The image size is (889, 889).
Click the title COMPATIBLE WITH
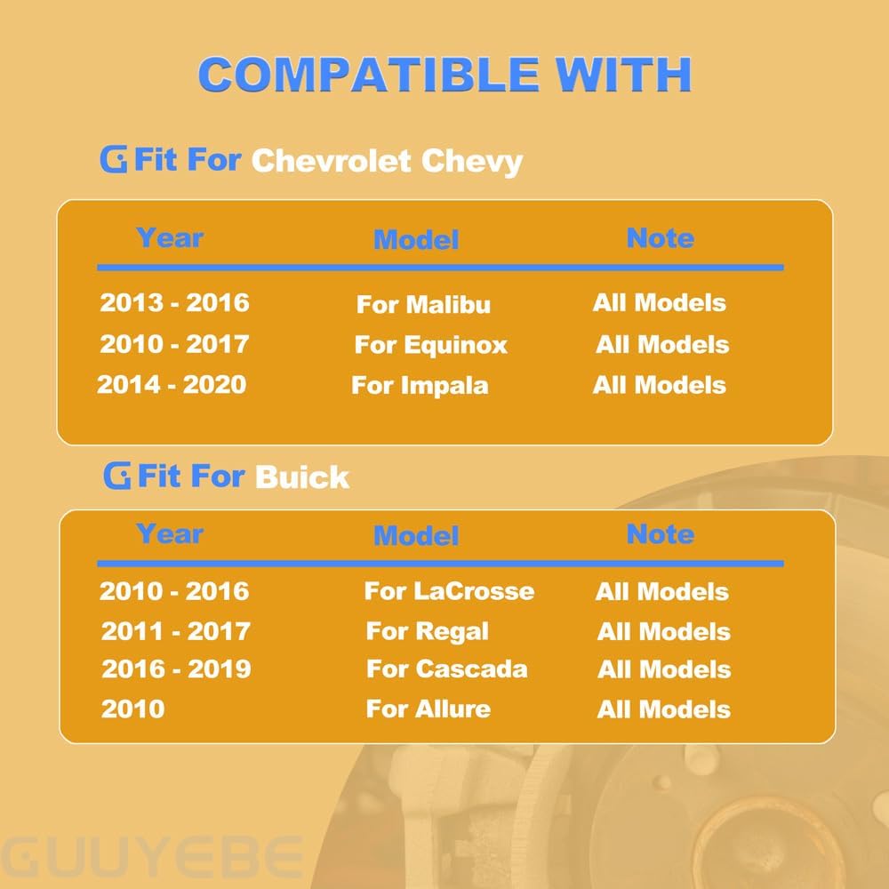coord(444,75)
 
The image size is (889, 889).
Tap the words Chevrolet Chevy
coord(387,162)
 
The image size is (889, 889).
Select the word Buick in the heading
coord(301,477)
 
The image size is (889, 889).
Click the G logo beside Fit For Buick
coord(116,475)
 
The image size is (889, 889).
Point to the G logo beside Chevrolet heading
coord(114,159)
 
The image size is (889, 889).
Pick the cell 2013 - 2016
coord(174,303)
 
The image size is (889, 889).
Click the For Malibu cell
coord(423,304)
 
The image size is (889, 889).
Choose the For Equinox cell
coord(430,345)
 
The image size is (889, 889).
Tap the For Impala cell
coord(420,386)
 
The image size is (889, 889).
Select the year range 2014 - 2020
coord(172,384)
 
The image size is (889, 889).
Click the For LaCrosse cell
coord(449,591)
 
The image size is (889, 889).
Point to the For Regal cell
coord(427,631)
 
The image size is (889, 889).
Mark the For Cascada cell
coord(447,669)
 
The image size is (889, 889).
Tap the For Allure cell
coord(428,709)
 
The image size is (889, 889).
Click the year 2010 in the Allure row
coord(132,709)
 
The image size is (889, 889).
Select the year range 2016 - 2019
coord(176,669)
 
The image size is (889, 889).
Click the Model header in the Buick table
coord(416,536)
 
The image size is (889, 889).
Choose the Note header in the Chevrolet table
coord(661,238)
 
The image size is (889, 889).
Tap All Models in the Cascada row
coord(664,669)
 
